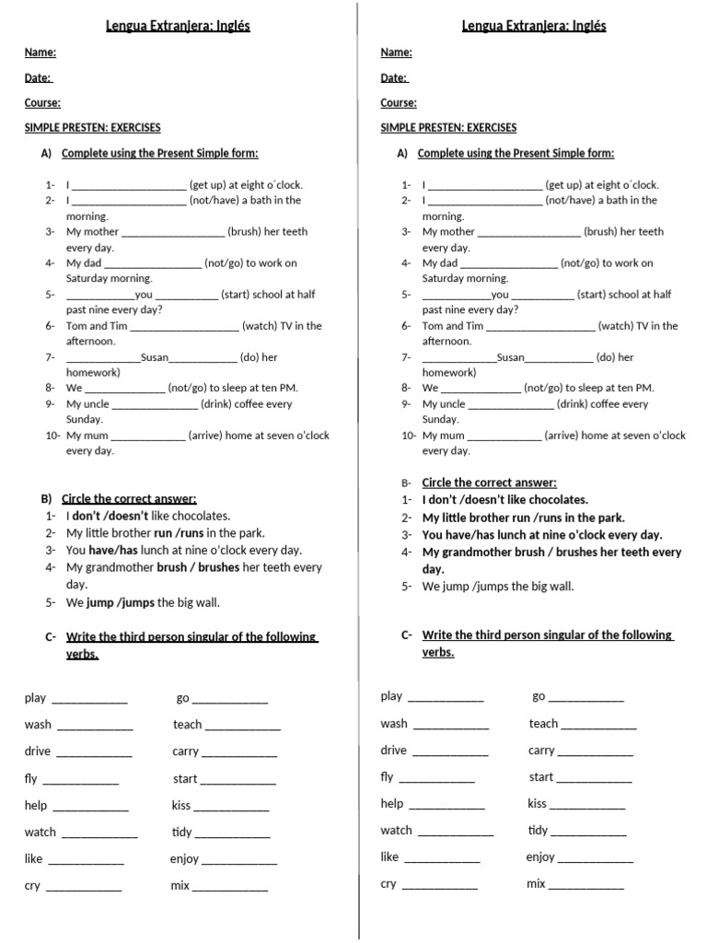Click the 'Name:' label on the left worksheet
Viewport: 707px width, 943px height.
tap(40, 52)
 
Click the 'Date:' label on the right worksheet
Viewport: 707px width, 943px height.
tap(394, 78)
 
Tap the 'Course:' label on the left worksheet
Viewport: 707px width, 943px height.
tap(42, 103)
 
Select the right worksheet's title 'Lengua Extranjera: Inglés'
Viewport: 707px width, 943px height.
tap(534, 26)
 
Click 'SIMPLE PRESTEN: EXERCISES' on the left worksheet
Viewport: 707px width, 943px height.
tap(92, 128)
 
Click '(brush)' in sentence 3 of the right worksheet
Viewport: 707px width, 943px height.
tap(601, 232)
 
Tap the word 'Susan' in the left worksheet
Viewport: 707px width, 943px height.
tap(155, 357)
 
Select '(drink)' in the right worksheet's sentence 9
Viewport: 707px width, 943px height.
tap(572, 404)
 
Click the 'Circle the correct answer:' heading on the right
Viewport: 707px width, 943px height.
tap(489, 483)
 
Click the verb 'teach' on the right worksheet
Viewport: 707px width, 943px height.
tap(543, 724)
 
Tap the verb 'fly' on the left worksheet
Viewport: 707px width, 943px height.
tap(31, 779)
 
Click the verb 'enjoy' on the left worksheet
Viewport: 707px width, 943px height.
tap(184, 859)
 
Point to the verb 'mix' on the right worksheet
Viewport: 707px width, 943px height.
tap(536, 884)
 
